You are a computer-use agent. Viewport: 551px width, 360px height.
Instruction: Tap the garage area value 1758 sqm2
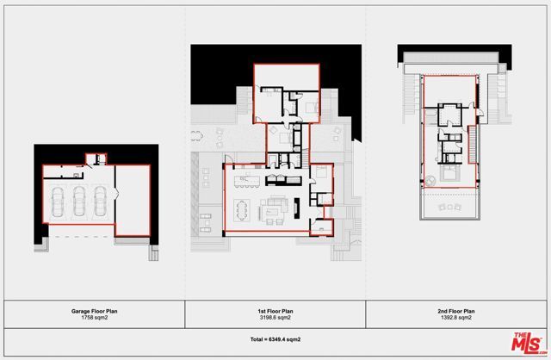(92, 318)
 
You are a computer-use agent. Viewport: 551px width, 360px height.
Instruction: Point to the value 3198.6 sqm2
(275, 318)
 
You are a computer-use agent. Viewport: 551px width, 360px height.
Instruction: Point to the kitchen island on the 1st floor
(247, 181)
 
